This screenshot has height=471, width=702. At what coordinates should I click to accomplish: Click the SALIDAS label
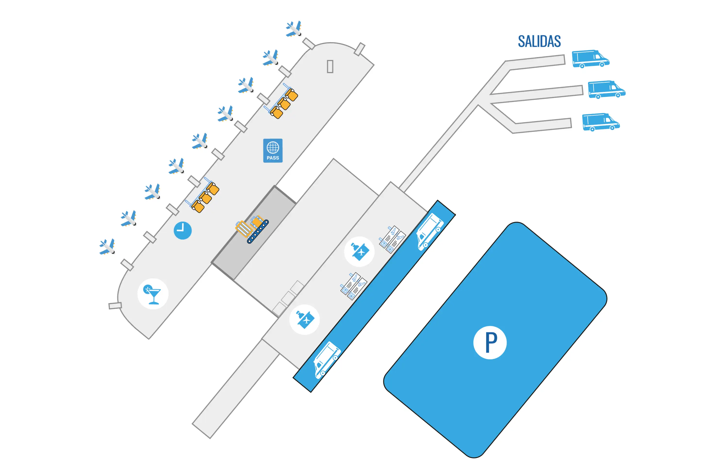click(x=539, y=41)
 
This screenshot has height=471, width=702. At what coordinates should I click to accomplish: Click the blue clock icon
click(x=183, y=230)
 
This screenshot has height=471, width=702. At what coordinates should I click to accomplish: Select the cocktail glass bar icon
click(x=153, y=294)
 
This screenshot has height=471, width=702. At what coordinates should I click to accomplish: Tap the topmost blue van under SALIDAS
click(x=590, y=59)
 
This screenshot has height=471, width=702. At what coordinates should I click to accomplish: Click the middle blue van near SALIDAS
click(x=606, y=89)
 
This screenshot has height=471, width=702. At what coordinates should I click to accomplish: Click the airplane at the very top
click(x=294, y=29)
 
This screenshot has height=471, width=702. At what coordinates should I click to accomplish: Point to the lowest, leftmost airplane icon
click(x=107, y=247)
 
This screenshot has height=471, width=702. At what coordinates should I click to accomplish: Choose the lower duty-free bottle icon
click(x=305, y=320)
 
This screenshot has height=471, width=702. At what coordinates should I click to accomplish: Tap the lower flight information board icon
click(x=354, y=286)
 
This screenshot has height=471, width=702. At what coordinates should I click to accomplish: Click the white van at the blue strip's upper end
click(x=430, y=231)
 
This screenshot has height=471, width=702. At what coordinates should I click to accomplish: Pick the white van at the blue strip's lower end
click(x=327, y=360)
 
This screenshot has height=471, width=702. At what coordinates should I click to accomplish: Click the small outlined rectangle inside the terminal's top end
click(x=330, y=66)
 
